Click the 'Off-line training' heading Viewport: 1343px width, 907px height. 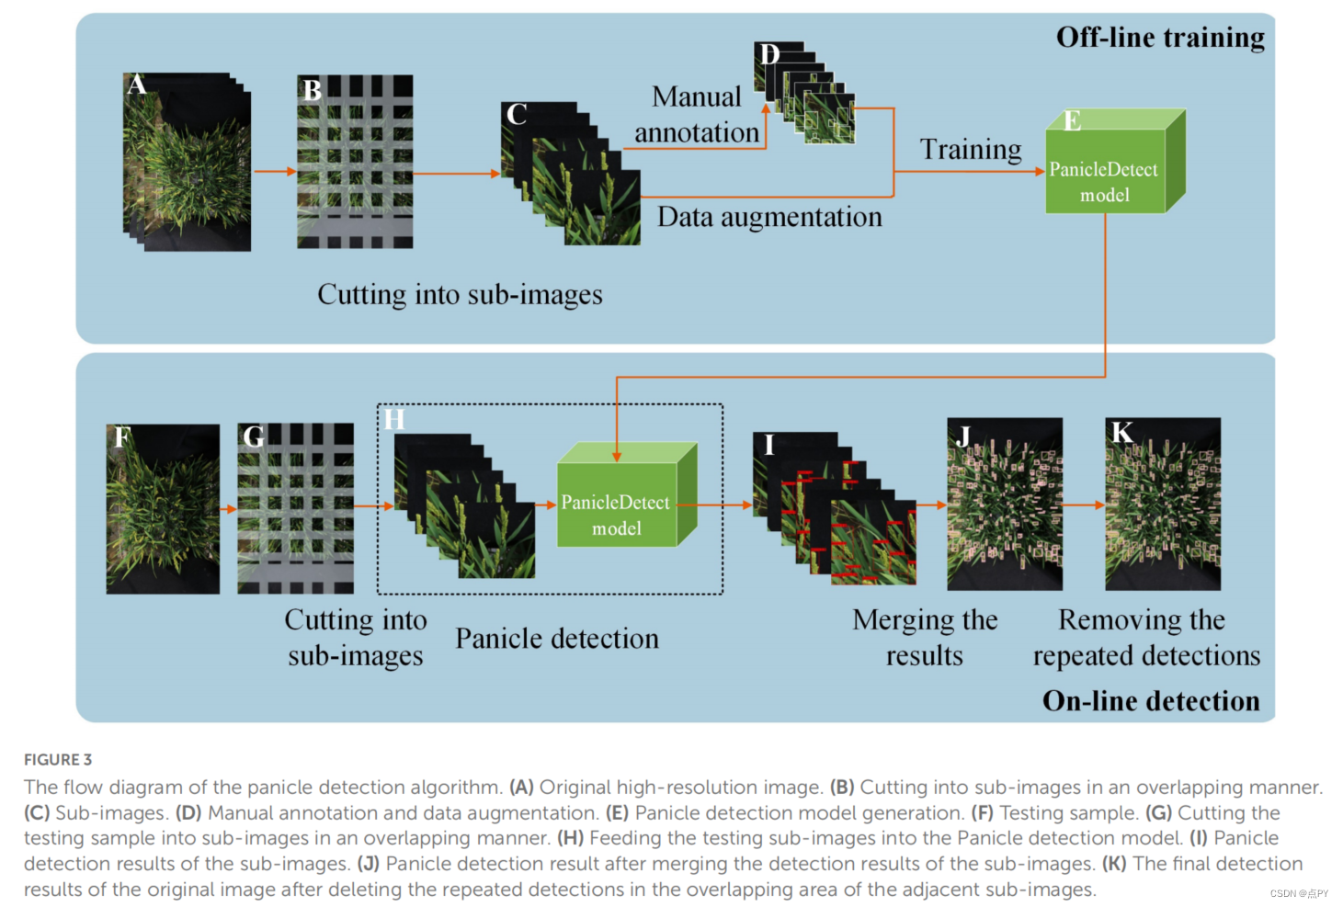coord(1159,38)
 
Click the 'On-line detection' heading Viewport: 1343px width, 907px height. coord(1150,701)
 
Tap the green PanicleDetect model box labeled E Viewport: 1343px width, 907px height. coord(1106,171)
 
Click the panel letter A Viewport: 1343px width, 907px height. coord(137,85)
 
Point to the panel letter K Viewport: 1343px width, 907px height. coord(1121,433)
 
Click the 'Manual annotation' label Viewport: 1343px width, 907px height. coord(697,115)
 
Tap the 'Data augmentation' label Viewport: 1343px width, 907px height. coord(769,217)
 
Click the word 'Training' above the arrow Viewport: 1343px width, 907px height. coord(971,149)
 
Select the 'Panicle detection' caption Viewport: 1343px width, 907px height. coord(557,639)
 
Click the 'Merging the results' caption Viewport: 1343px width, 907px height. coord(925,638)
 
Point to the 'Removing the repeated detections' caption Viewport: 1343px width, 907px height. coord(1145,638)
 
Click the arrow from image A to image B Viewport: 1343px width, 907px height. coord(274,171)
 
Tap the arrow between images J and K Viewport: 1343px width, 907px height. coord(1084,505)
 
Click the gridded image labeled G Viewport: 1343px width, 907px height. coord(296,507)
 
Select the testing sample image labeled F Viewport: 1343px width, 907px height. coord(163,508)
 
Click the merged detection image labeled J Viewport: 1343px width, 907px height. coord(1005,505)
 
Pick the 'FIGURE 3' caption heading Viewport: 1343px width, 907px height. coord(58,760)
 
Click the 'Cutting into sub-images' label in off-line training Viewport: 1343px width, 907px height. coord(460,295)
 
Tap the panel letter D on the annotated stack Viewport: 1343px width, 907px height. coord(768,55)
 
